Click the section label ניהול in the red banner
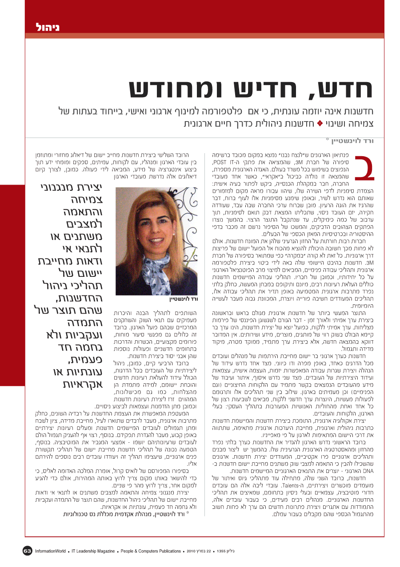tap(48, 27)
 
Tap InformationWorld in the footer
tap(51, 551)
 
